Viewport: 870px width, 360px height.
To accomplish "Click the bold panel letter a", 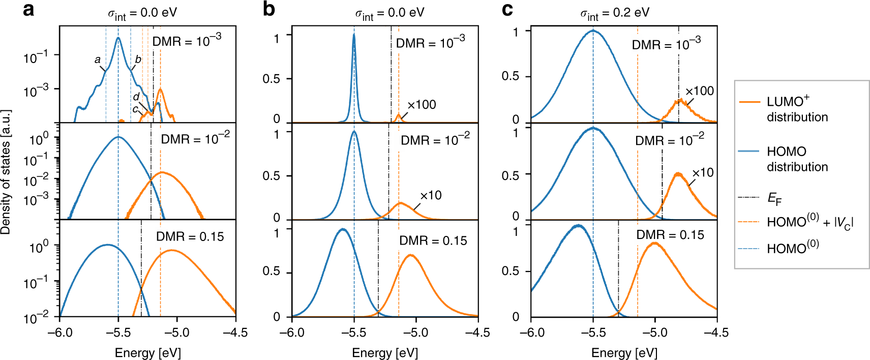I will tap(28, 10).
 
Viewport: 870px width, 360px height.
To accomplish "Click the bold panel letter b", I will tap(268, 10).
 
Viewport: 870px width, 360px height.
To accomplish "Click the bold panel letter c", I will tap(507, 10).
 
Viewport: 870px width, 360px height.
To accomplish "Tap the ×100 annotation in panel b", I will tap(422, 105).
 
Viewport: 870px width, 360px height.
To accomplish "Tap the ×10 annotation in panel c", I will tap(703, 173).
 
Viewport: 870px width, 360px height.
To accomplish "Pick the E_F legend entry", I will tap(774, 198).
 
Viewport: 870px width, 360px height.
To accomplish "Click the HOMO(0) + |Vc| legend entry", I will tap(809, 222).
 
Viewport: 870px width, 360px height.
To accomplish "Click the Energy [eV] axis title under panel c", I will tap(624, 353).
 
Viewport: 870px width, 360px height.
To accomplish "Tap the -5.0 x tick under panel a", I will tap(177, 333).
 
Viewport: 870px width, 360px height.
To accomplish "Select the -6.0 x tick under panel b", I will tap(292, 333).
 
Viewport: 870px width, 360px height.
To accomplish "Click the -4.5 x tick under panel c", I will tap(716, 333).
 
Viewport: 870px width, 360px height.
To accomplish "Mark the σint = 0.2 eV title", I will tap(615, 13).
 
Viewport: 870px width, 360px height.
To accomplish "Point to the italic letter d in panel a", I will tap(136, 97).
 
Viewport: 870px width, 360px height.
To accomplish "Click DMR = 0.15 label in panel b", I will tap(433, 241).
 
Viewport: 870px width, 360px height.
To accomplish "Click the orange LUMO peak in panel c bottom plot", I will tap(654, 244).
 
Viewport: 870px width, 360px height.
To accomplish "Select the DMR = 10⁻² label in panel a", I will tap(195, 139).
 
